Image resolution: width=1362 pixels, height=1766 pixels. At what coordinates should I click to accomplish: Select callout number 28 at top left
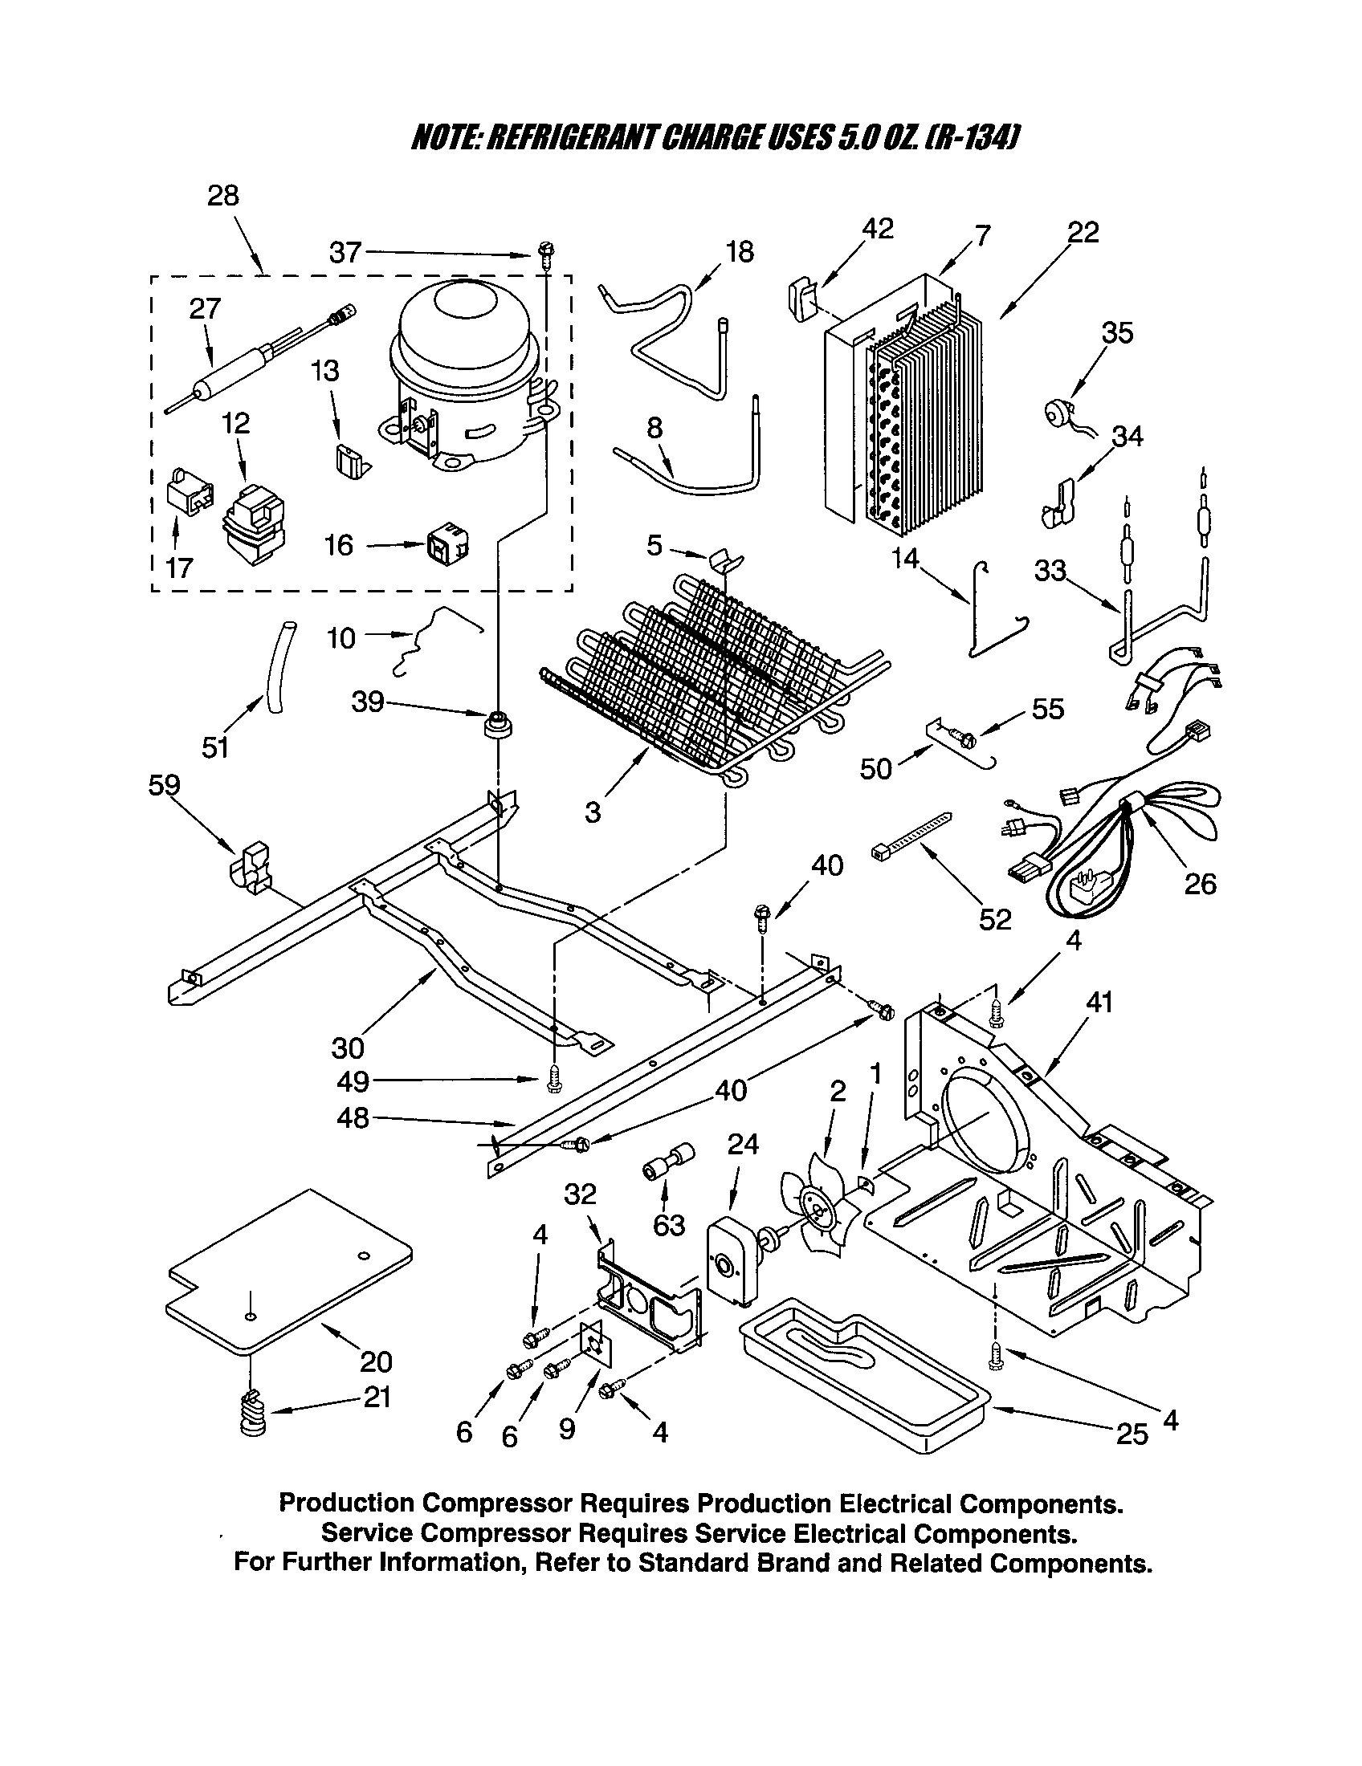tap(223, 196)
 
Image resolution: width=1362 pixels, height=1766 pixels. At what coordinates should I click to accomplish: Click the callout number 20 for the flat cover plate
tap(376, 1362)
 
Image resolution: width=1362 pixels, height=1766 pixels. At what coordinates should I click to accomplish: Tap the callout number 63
tap(669, 1225)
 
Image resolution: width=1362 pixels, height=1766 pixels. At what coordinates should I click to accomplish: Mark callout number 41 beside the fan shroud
tap(1099, 1003)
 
